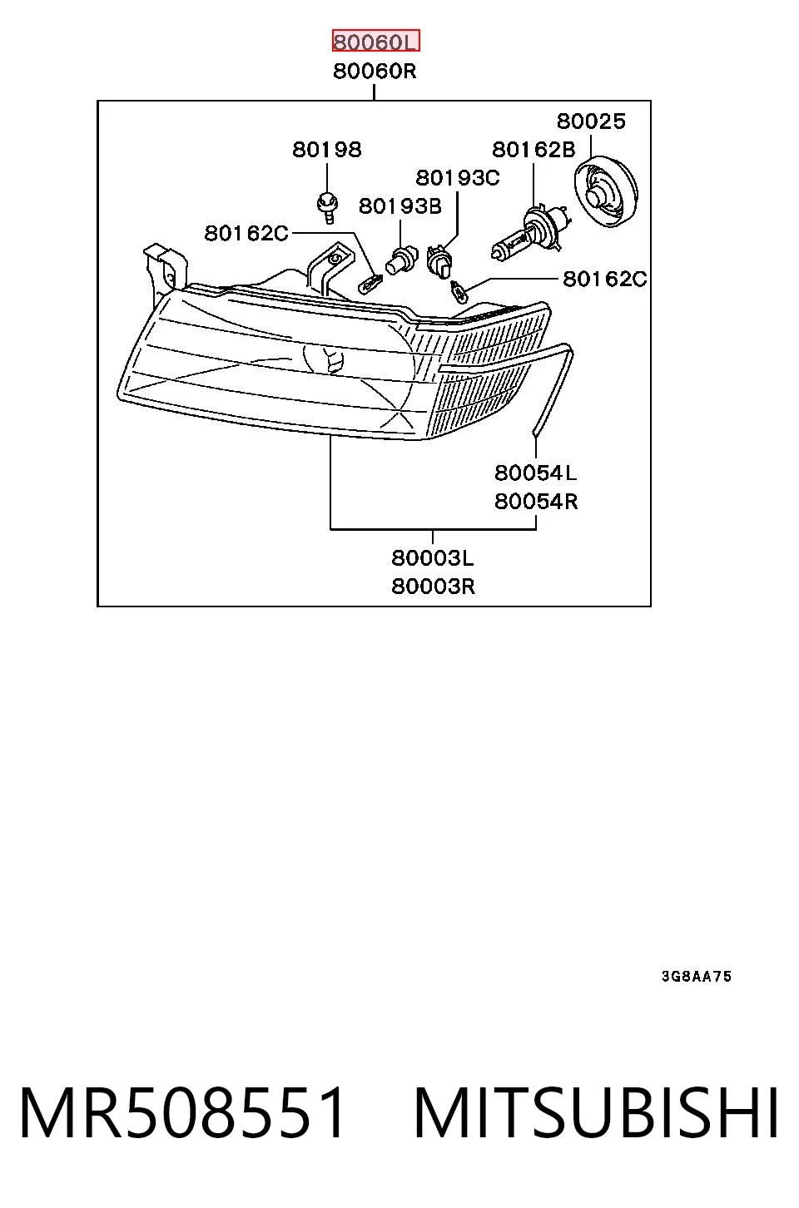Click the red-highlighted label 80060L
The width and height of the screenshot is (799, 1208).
[375, 41]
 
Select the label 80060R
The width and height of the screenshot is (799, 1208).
[375, 72]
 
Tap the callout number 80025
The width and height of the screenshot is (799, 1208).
[591, 121]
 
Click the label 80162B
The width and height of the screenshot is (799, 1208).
[533, 150]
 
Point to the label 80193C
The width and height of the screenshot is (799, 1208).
[458, 177]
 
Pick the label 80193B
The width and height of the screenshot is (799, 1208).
[400, 206]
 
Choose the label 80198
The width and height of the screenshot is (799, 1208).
[327, 150]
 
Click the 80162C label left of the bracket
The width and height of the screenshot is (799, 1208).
[246, 234]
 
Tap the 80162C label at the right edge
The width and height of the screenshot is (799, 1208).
[605, 279]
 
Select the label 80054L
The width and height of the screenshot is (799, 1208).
[536, 473]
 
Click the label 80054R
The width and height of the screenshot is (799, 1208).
[536, 502]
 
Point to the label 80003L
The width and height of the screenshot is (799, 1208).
[433, 558]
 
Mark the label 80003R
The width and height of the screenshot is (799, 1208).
[434, 587]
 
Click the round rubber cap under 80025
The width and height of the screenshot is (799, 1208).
[605, 191]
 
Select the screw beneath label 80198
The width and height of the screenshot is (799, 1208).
[327, 206]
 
